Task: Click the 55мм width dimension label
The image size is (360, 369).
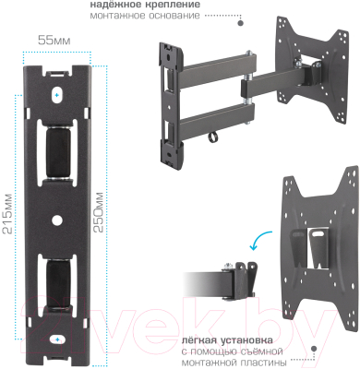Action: (x=54, y=41)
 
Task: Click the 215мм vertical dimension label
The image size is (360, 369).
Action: (x=7, y=214)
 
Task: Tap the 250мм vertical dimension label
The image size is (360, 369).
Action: (x=99, y=212)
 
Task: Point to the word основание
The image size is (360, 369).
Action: (x=174, y=16)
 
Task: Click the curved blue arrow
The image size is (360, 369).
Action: (x=259, y=240)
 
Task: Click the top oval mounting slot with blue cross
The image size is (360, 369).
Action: (x=57, y=95)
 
